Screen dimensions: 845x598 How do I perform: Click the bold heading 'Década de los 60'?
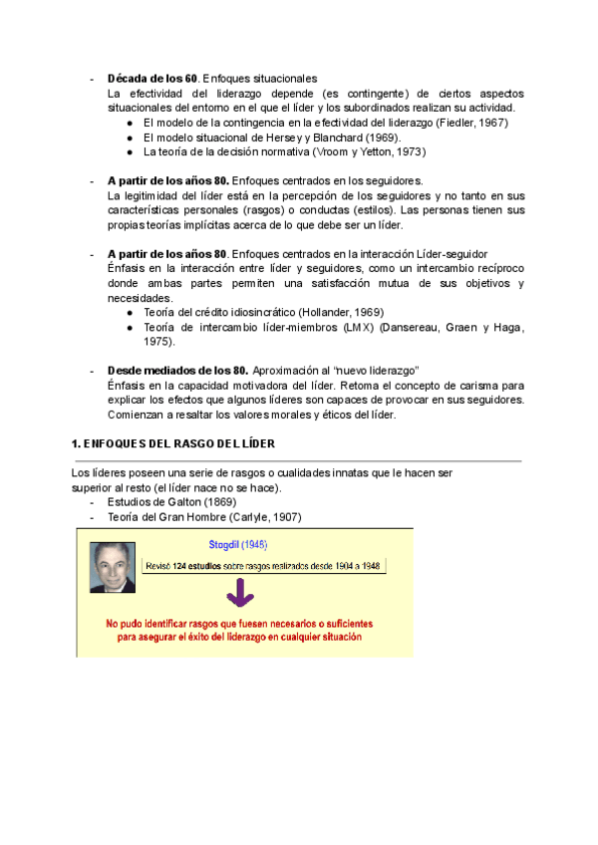tap(152, 78)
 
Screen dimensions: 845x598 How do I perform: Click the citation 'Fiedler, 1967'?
tap(468, 123)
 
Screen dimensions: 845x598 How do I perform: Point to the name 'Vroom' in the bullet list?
tap(336, 152)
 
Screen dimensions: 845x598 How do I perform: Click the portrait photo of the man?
tap(112, 568)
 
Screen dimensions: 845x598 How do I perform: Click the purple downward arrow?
tap(237, 594)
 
